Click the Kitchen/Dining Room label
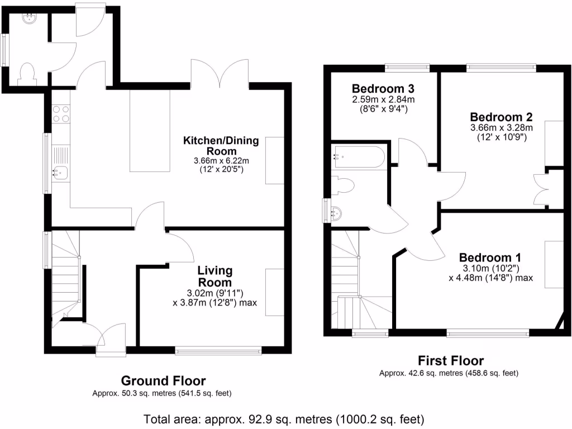(221, 146)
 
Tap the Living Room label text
(214, 276)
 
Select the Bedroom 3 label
(383, 89)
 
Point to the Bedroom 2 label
(501, 117)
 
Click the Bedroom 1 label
(490, 258)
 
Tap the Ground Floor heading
(163, 381)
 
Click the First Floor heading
(451, 360)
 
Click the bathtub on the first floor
(359, 156)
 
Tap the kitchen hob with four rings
(61, 114)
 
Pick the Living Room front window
(218, 351)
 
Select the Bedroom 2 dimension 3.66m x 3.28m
(501, 127)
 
